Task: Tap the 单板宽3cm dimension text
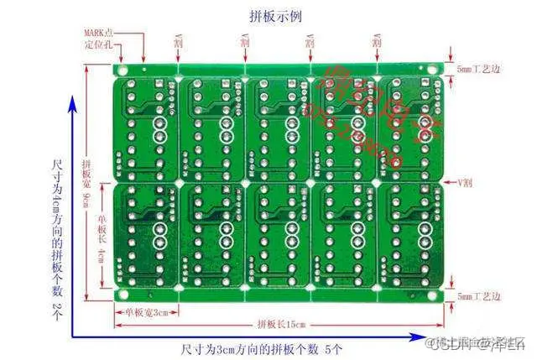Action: tap(147, 311)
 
